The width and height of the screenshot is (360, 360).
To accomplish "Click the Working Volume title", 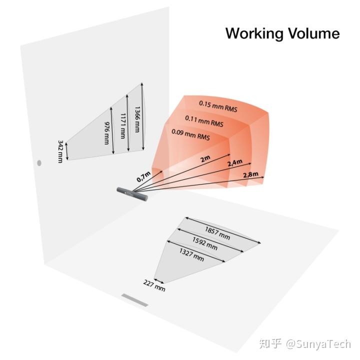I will [x=282, y=33].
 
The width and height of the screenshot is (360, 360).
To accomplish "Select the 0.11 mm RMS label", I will [x=204, y=120].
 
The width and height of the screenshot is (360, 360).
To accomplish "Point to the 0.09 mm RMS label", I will [x=190, y=135].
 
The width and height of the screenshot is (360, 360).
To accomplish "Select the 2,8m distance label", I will [x=250, y=174].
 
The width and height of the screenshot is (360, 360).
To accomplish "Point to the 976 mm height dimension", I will [x=106, y=133].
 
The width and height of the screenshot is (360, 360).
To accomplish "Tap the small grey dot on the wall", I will [x=39, y=162].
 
